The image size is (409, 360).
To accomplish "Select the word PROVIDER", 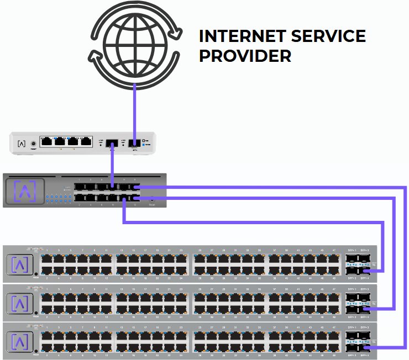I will tap(245, 56).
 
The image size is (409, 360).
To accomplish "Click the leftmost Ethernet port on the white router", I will tap(47, 141).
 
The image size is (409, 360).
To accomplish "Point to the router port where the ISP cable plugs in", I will tap(134, 144).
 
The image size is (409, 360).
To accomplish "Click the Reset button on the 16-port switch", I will tap(153, 199).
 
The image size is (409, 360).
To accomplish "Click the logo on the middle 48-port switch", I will tap(22, 303).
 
